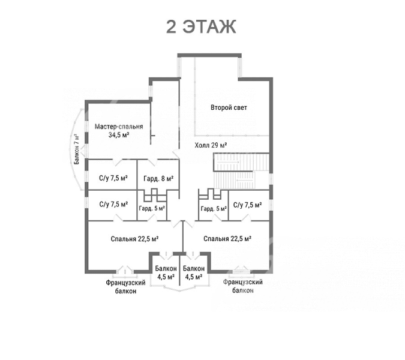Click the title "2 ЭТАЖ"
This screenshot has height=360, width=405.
[201, 27]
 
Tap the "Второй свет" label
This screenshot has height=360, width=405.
[229, 107]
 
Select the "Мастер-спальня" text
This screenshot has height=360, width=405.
[119, 127]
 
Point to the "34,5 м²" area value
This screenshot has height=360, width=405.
[119, 134]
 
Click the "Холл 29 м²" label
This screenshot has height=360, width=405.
[211, 145]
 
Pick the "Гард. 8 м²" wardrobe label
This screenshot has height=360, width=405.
[158, 178]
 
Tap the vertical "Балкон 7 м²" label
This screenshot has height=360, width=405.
[77, 149]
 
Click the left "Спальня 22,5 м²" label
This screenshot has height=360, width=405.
[134, 239]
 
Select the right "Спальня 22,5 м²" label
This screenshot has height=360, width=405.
[227, 239]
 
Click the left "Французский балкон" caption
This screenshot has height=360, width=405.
[125, 287]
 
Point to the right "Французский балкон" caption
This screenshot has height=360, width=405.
[243, 286]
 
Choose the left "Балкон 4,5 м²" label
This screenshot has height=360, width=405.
[166, 272]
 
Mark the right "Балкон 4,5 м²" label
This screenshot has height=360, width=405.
[194, 272]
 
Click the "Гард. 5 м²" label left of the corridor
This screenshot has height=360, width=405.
[152, 208]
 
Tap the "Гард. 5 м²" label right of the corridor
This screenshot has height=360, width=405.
[214, 208]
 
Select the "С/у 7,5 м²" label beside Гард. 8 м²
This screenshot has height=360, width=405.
[113, 178]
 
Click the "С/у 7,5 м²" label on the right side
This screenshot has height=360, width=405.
[247, 205]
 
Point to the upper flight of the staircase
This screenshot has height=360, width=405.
[241, 162]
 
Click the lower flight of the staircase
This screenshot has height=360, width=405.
[235, 180]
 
